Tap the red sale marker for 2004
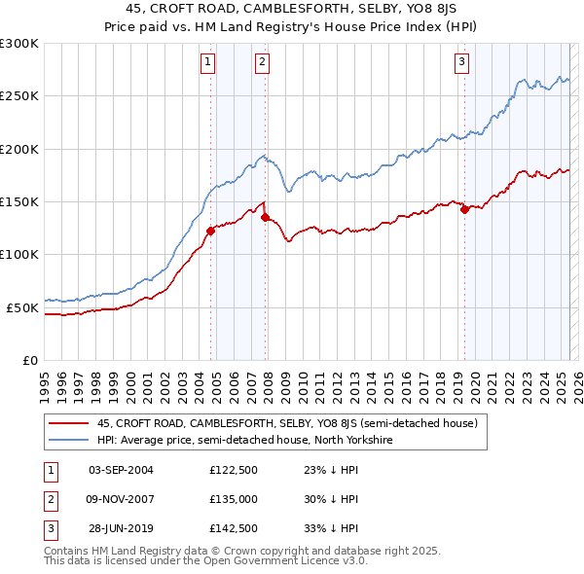210,231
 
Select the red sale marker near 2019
464,209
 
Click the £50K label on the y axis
22,307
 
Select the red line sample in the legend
67,424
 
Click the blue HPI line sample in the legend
67,440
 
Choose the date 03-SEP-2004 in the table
121,470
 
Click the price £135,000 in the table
233,499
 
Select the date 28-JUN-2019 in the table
121,528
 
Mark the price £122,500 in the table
233,470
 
